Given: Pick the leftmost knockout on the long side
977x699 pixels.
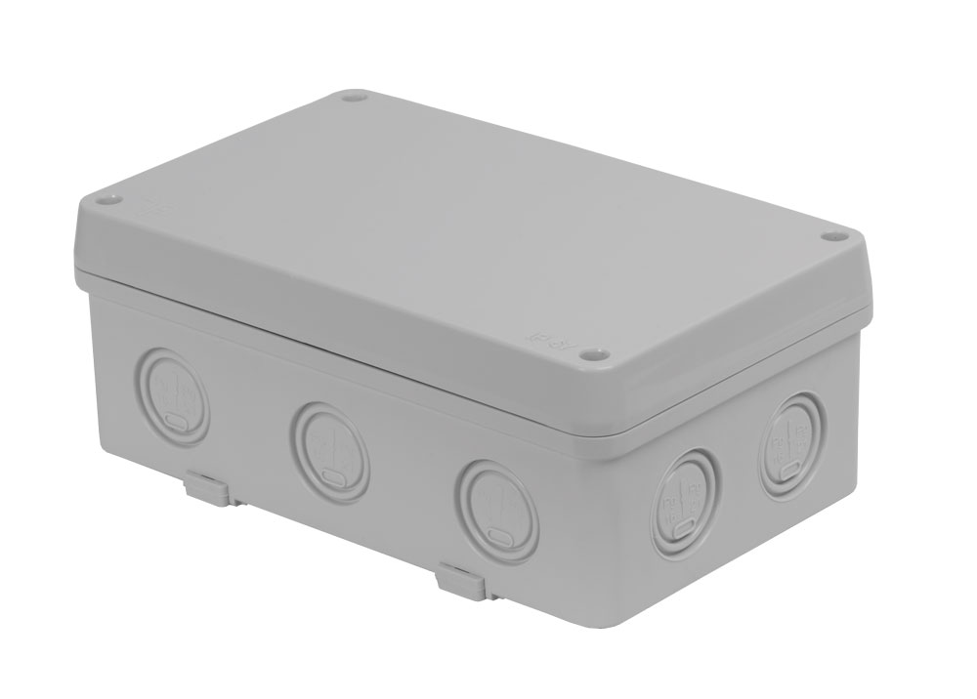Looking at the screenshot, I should tap(174, 394).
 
